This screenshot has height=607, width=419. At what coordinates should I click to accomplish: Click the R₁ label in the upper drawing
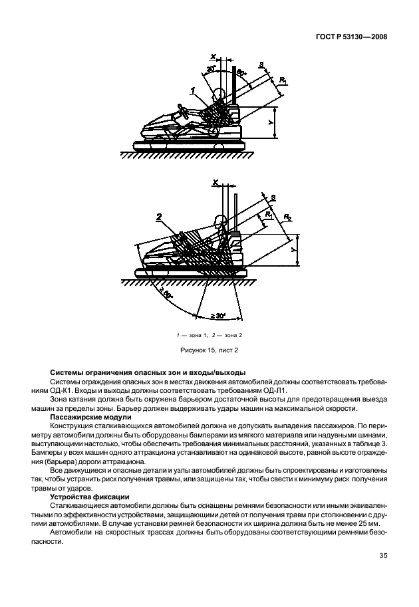(x=284, y=80)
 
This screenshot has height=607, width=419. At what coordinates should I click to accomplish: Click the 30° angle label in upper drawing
(x=211, y=68)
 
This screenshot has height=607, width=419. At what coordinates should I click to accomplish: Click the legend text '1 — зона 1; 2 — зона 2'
(x=209, y=334)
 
